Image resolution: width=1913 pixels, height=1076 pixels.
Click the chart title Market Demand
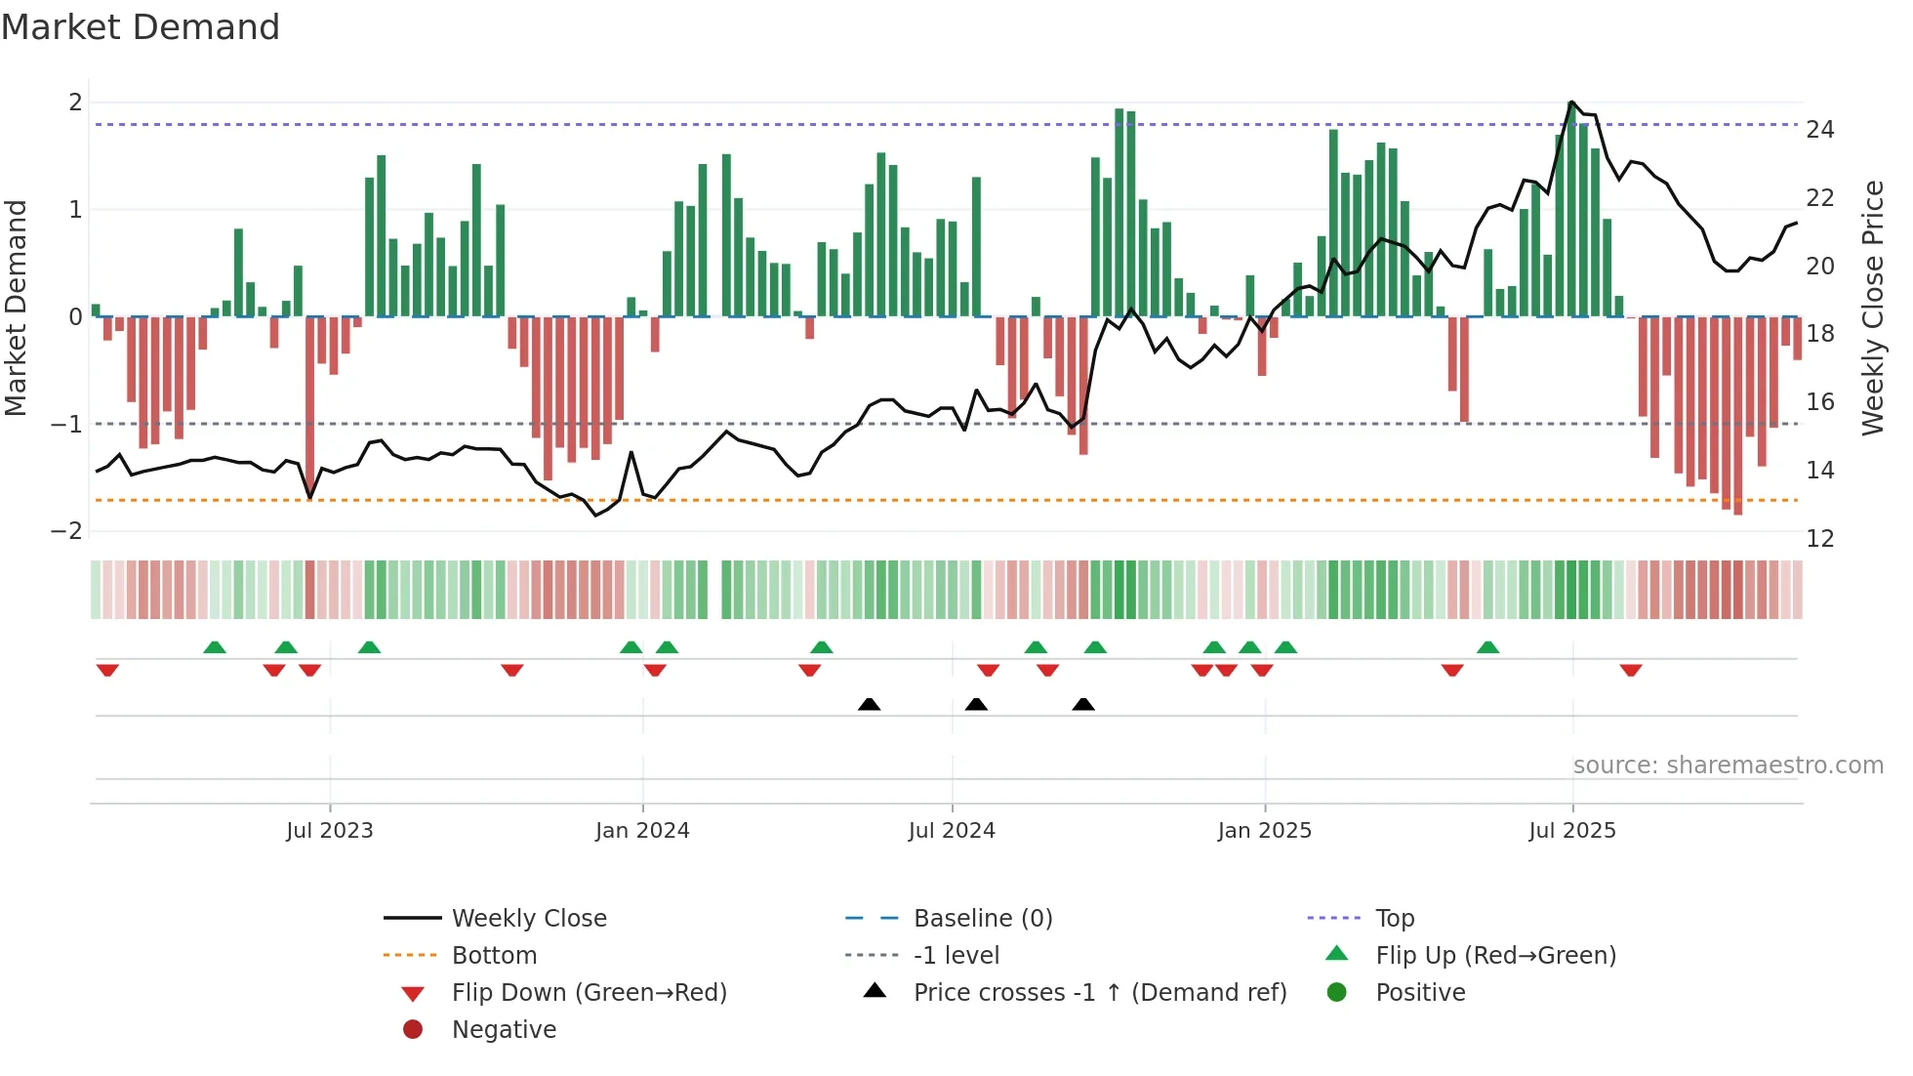tap(141, 27)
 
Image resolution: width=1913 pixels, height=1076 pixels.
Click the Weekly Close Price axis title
tap(1872, 308)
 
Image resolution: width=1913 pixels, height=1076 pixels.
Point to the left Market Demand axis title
tap(16, 308)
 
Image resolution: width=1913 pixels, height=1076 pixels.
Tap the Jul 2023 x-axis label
tap(330, 831)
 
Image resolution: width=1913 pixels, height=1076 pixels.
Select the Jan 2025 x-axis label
tap(1264, 831)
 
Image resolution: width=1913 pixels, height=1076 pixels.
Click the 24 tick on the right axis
tap(1819, 130)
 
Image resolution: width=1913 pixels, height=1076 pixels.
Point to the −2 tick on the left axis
tap(67, 531)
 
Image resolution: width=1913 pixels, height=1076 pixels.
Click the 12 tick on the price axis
tap(1819, 539)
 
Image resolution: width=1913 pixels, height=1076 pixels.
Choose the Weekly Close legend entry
tap(528, 919)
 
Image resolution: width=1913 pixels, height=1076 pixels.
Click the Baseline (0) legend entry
tap(982, 919)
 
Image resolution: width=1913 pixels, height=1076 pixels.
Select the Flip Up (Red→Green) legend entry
tap(1495, 956)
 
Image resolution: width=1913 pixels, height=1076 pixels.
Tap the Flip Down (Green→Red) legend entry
tap(589, 993)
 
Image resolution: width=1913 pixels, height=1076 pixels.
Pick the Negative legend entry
tap(504, 1030)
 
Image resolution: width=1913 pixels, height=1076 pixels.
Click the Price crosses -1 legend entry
tap(1099, 993)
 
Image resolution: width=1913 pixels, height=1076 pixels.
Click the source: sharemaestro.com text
tap(1728, 766)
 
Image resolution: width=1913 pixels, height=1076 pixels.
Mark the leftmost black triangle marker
tap(869, 704)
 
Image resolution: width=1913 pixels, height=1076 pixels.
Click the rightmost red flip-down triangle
tap(1631, 671)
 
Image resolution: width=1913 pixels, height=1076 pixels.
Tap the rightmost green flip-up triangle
tap(1487, 647)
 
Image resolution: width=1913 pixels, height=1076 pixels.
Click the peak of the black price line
tap(1571, 103)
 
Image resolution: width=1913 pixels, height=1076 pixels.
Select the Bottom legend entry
tap(494, 956)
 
